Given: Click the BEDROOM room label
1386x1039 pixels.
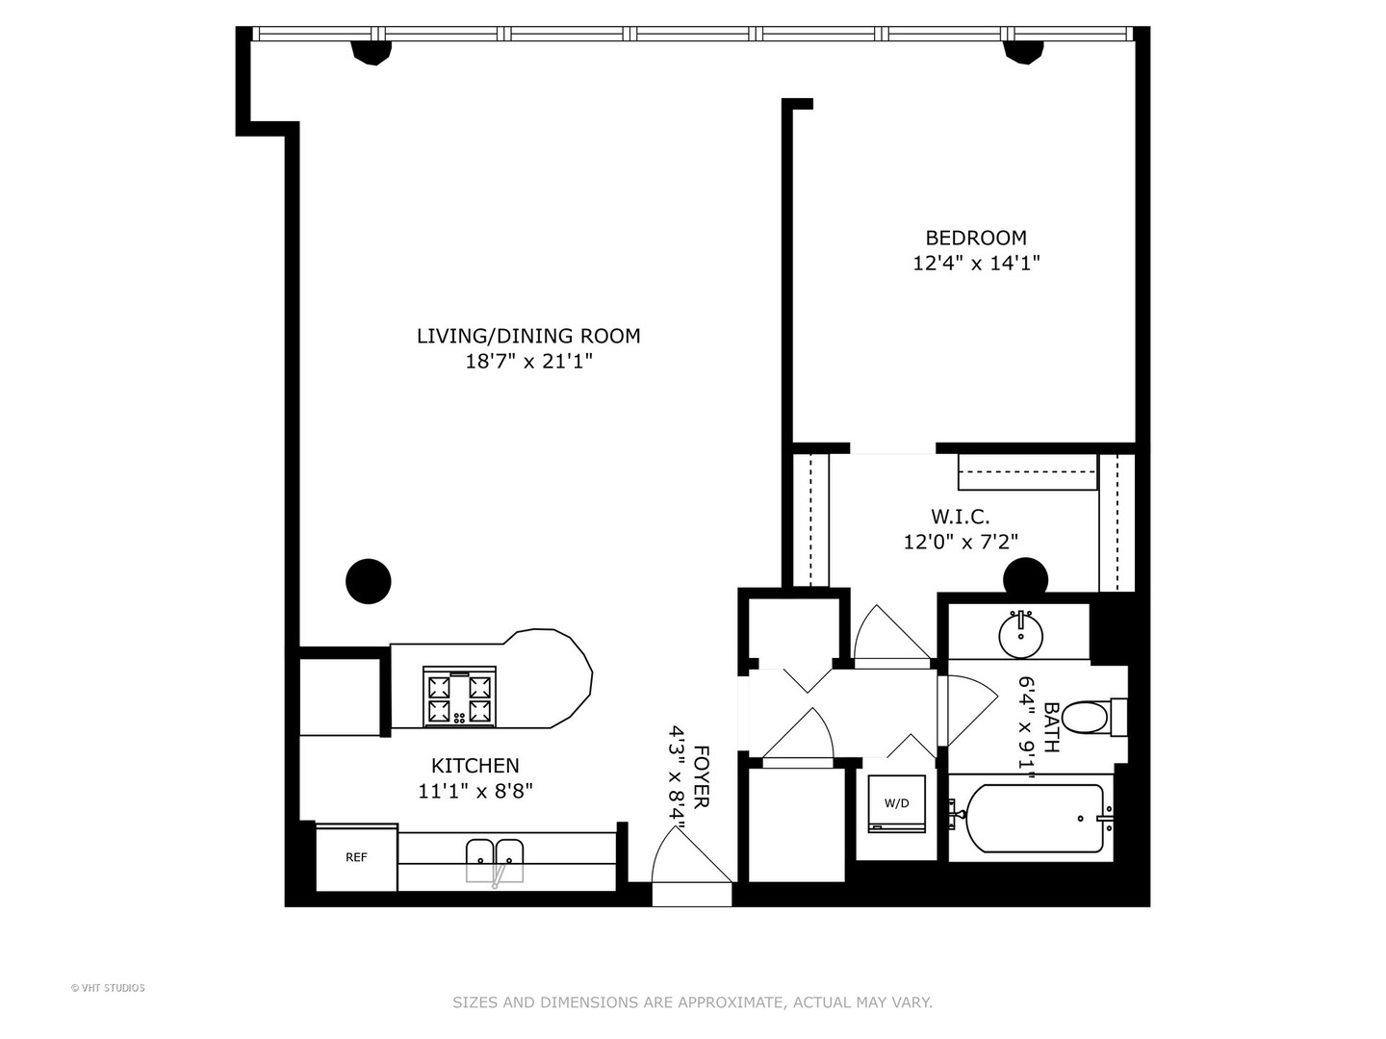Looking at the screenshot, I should pyautogui.click(x=975, y=238).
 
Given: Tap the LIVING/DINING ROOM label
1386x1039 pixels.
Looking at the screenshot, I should pyautogui.click(x=527, y=336).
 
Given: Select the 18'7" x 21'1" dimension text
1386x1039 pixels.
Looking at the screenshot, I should pyautogui.click(x=527, y=362).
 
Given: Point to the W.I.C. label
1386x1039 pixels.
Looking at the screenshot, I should pyautogui.click(x=960, y=517).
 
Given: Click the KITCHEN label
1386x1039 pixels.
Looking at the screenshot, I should pyautogui.click(x=475, y=766).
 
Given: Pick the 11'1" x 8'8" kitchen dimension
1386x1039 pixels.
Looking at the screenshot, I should pyautogui.click(x=475, y=791).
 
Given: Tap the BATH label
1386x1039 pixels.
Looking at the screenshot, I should pyautogui.click(x=1050, y=726).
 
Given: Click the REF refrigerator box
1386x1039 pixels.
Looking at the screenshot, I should pyautogui.click(x=356, y=856).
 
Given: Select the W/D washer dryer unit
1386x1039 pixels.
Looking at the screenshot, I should pyautogui.click(x=896, y=803).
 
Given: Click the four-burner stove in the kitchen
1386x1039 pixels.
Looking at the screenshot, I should pyautogui.click(x=458, y=697).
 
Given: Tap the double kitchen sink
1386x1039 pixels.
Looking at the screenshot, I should pyautogui.click(x=495, y=859).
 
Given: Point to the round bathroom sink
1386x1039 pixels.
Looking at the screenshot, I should pyautogui.click(x=1020, y=633).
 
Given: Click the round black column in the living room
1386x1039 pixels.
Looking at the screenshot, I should pyautogui.click(x=368, y=581).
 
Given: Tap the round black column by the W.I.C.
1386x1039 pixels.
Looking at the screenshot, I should pyautogui.click(x=1025, y=578).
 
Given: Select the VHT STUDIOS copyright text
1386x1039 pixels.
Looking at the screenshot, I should pyautogui.click(x=108, y=988).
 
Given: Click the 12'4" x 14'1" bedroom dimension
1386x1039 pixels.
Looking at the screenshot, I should pyautogui.click(x=975, y=263).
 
